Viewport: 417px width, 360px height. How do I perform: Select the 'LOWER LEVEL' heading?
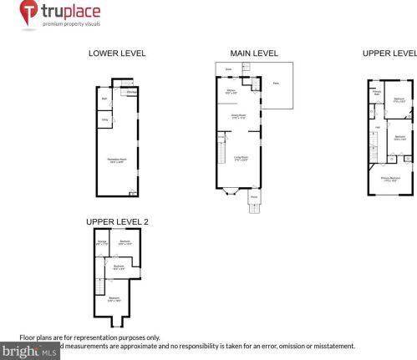pyautogui.click(x=117, y=53)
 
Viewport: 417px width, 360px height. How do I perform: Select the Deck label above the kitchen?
pyautogui.click(x=227, y=69)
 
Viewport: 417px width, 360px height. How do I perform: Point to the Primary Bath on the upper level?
pyautogui.click(x=377, y=93)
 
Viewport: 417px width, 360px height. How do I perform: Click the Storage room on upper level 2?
pyautogui.click(x=101, y=244)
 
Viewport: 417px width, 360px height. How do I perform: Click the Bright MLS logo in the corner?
pyautogui.click(x=30, y=352)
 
